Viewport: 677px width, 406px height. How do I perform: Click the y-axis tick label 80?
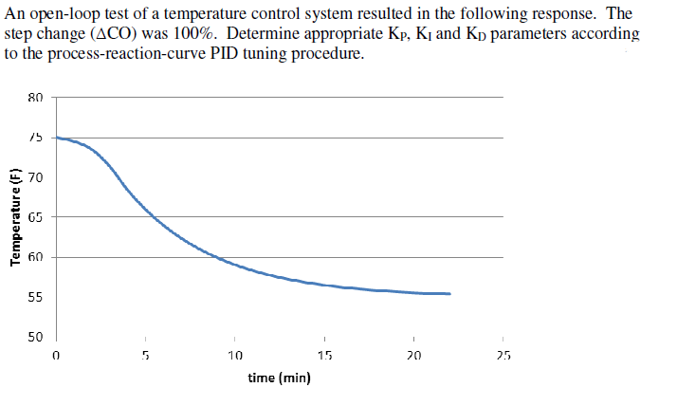point(36,97)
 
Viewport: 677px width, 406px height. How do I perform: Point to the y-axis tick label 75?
point(36,137)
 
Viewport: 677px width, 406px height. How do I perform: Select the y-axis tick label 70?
point(36,177)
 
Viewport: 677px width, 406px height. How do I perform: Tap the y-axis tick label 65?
point(36,217)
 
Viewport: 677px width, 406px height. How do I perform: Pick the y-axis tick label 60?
point(36,257)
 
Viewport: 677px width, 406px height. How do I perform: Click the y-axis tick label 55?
point(36,298)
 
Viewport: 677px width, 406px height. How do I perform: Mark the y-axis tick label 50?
point(36,338)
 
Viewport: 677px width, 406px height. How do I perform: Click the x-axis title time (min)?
point(279,378)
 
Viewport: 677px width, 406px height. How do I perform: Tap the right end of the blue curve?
point(449,294)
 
